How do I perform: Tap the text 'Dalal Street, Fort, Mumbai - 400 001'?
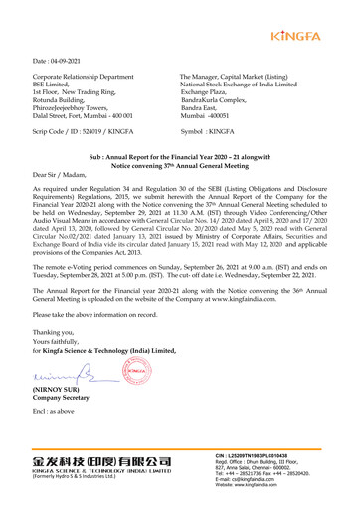click(x=85, y=117)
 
